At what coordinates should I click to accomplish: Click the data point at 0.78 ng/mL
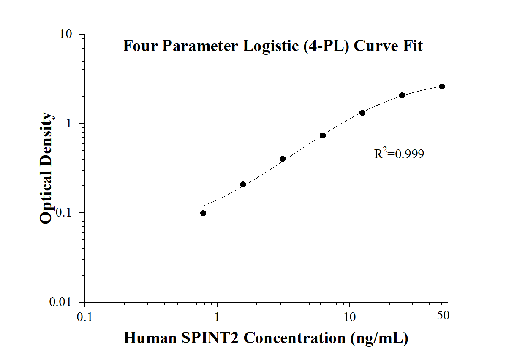(x=203, y=213)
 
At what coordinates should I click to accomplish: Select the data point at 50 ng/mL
(x=442, y=87)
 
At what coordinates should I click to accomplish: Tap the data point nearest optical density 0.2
(x=243, y=184)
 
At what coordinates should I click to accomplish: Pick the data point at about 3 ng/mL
(x=283, y=159)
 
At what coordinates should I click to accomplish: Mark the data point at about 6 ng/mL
(x=323, y=135)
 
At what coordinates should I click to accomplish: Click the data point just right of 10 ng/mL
(x=362, y=113)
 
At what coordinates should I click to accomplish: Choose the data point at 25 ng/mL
(x=402, y=95)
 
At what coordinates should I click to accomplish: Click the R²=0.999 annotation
(x=399, y=154)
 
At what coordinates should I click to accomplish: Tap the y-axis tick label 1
(x=75, y=124)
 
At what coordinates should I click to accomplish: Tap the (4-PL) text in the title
(x=326, y=46)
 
